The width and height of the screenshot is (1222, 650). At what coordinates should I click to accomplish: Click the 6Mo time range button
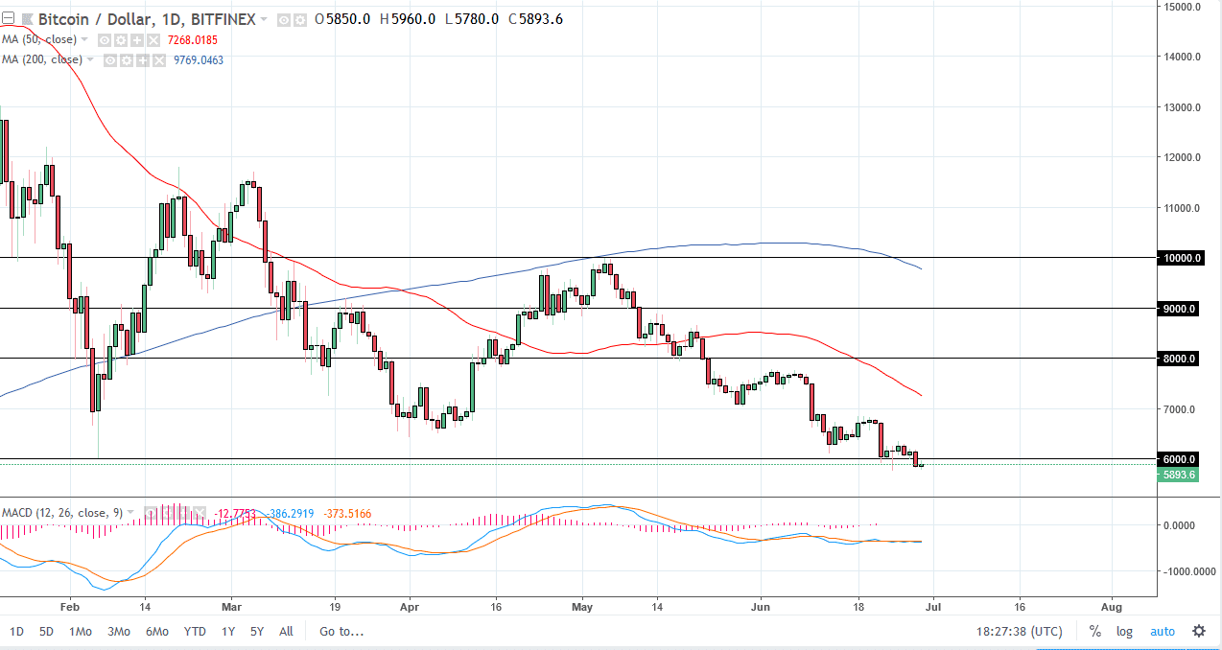157,631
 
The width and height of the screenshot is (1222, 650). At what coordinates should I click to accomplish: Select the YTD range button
195,631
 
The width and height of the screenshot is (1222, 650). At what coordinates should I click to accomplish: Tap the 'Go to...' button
341,631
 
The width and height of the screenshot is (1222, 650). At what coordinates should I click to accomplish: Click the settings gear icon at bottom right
1199,631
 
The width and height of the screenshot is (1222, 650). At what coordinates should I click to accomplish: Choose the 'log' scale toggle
1124,631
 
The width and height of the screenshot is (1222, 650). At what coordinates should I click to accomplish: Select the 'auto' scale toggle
1162,631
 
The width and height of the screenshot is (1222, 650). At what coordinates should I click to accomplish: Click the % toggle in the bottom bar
1094,631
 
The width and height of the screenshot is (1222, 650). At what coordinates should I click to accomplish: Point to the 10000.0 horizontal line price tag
1179,258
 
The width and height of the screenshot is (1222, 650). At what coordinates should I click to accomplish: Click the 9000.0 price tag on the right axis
1179,309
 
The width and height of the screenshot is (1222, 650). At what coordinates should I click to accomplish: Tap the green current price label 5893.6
1179,475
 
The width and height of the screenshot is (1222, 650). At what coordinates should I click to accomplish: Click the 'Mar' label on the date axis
231,607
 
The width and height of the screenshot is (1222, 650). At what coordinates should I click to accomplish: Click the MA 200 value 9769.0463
199,59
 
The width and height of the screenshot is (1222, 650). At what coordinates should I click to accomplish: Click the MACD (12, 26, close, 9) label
61,513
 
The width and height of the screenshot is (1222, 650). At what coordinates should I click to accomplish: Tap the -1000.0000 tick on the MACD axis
1185,571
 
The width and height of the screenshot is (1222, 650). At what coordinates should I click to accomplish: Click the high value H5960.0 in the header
408,18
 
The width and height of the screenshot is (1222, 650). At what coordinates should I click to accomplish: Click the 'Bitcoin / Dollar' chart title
83,18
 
